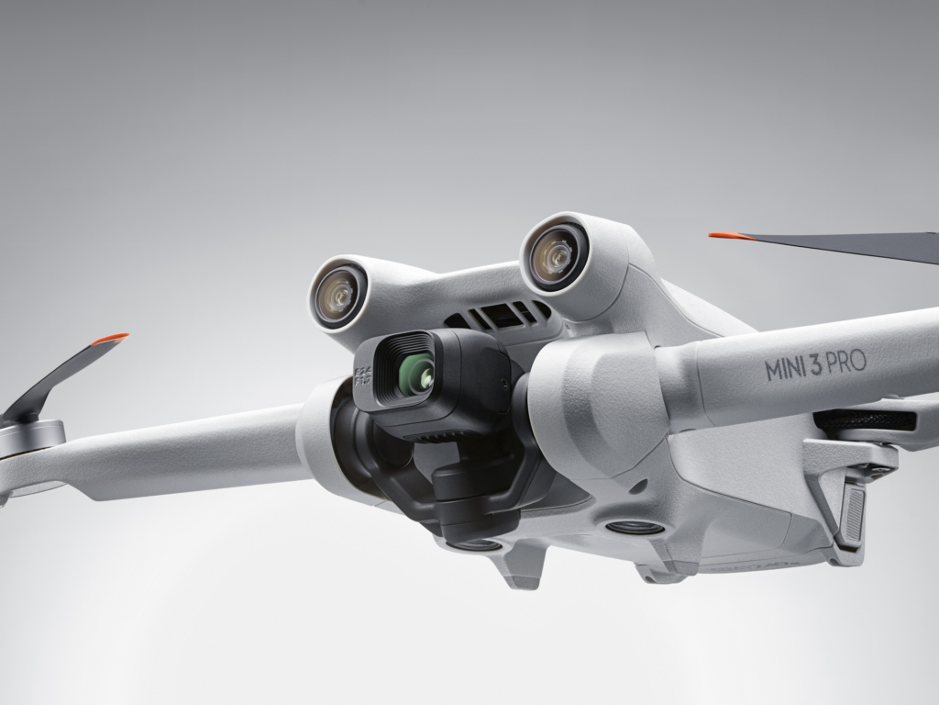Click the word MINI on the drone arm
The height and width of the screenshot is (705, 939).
click(786, 369)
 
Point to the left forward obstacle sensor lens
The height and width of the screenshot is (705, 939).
click(337, 293)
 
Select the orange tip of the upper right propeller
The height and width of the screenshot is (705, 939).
click(724, 236)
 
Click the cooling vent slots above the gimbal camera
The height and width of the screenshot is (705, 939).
click(500, 316)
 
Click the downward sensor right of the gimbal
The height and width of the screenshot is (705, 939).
click(626, 528)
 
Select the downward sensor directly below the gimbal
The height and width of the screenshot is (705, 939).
click(476, 543)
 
